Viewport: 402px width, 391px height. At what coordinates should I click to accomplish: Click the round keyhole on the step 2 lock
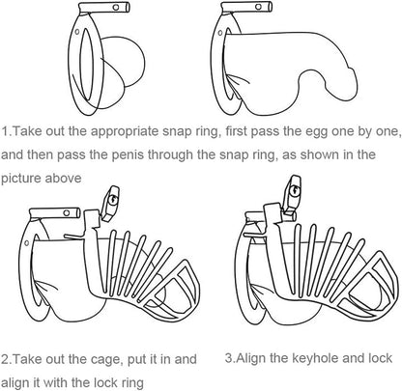pyautogui.click(x=112, y=200)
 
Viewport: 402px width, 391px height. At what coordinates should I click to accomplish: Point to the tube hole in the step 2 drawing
pyautogui.click(x=67, y=212)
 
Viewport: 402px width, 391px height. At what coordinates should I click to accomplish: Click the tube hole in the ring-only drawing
pyautogui.click(x=116, y=7)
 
